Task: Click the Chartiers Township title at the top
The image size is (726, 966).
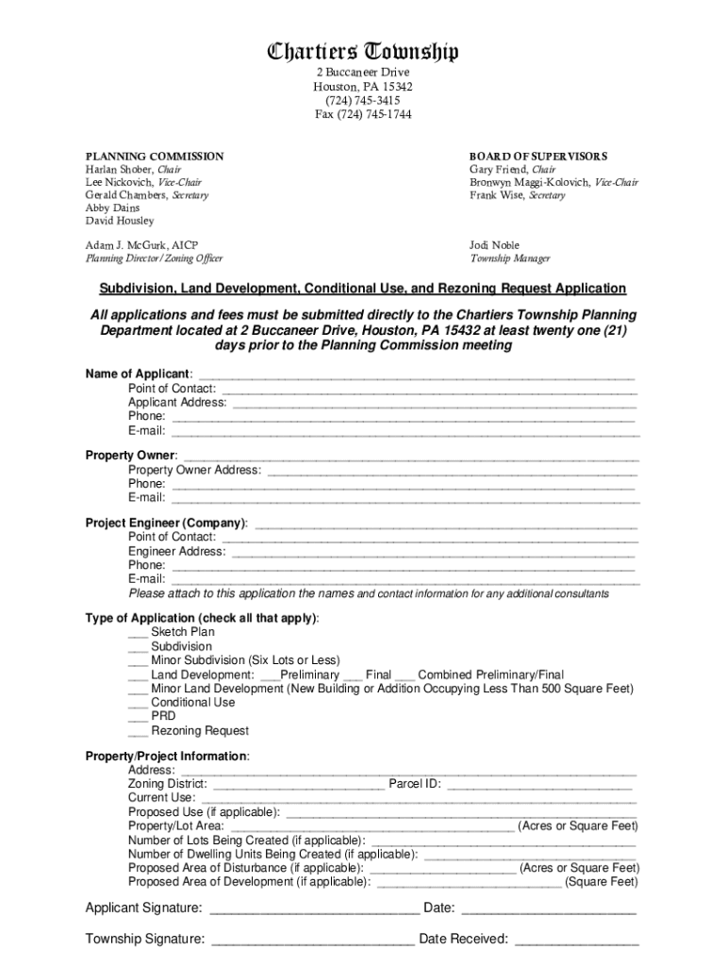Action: (x=363, y=52)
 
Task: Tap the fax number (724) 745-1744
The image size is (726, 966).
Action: (x=363, y=115)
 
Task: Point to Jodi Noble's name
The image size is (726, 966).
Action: (x=494, y=245)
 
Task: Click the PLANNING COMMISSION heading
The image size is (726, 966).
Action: (x=155, y=157)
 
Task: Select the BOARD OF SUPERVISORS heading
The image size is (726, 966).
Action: (x=538, y=157)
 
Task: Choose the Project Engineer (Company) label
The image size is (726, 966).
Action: (x=167, y=524)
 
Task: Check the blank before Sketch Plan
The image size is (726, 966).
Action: (x=137, y=634)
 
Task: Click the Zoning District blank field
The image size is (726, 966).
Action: (x=299, y=785)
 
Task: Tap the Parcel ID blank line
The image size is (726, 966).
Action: (x=538, y=785)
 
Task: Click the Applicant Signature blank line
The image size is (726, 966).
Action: (x=313, y=910)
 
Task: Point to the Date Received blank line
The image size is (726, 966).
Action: (x=577, y=941)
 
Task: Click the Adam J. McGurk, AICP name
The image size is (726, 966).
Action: (x=142, y=245)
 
